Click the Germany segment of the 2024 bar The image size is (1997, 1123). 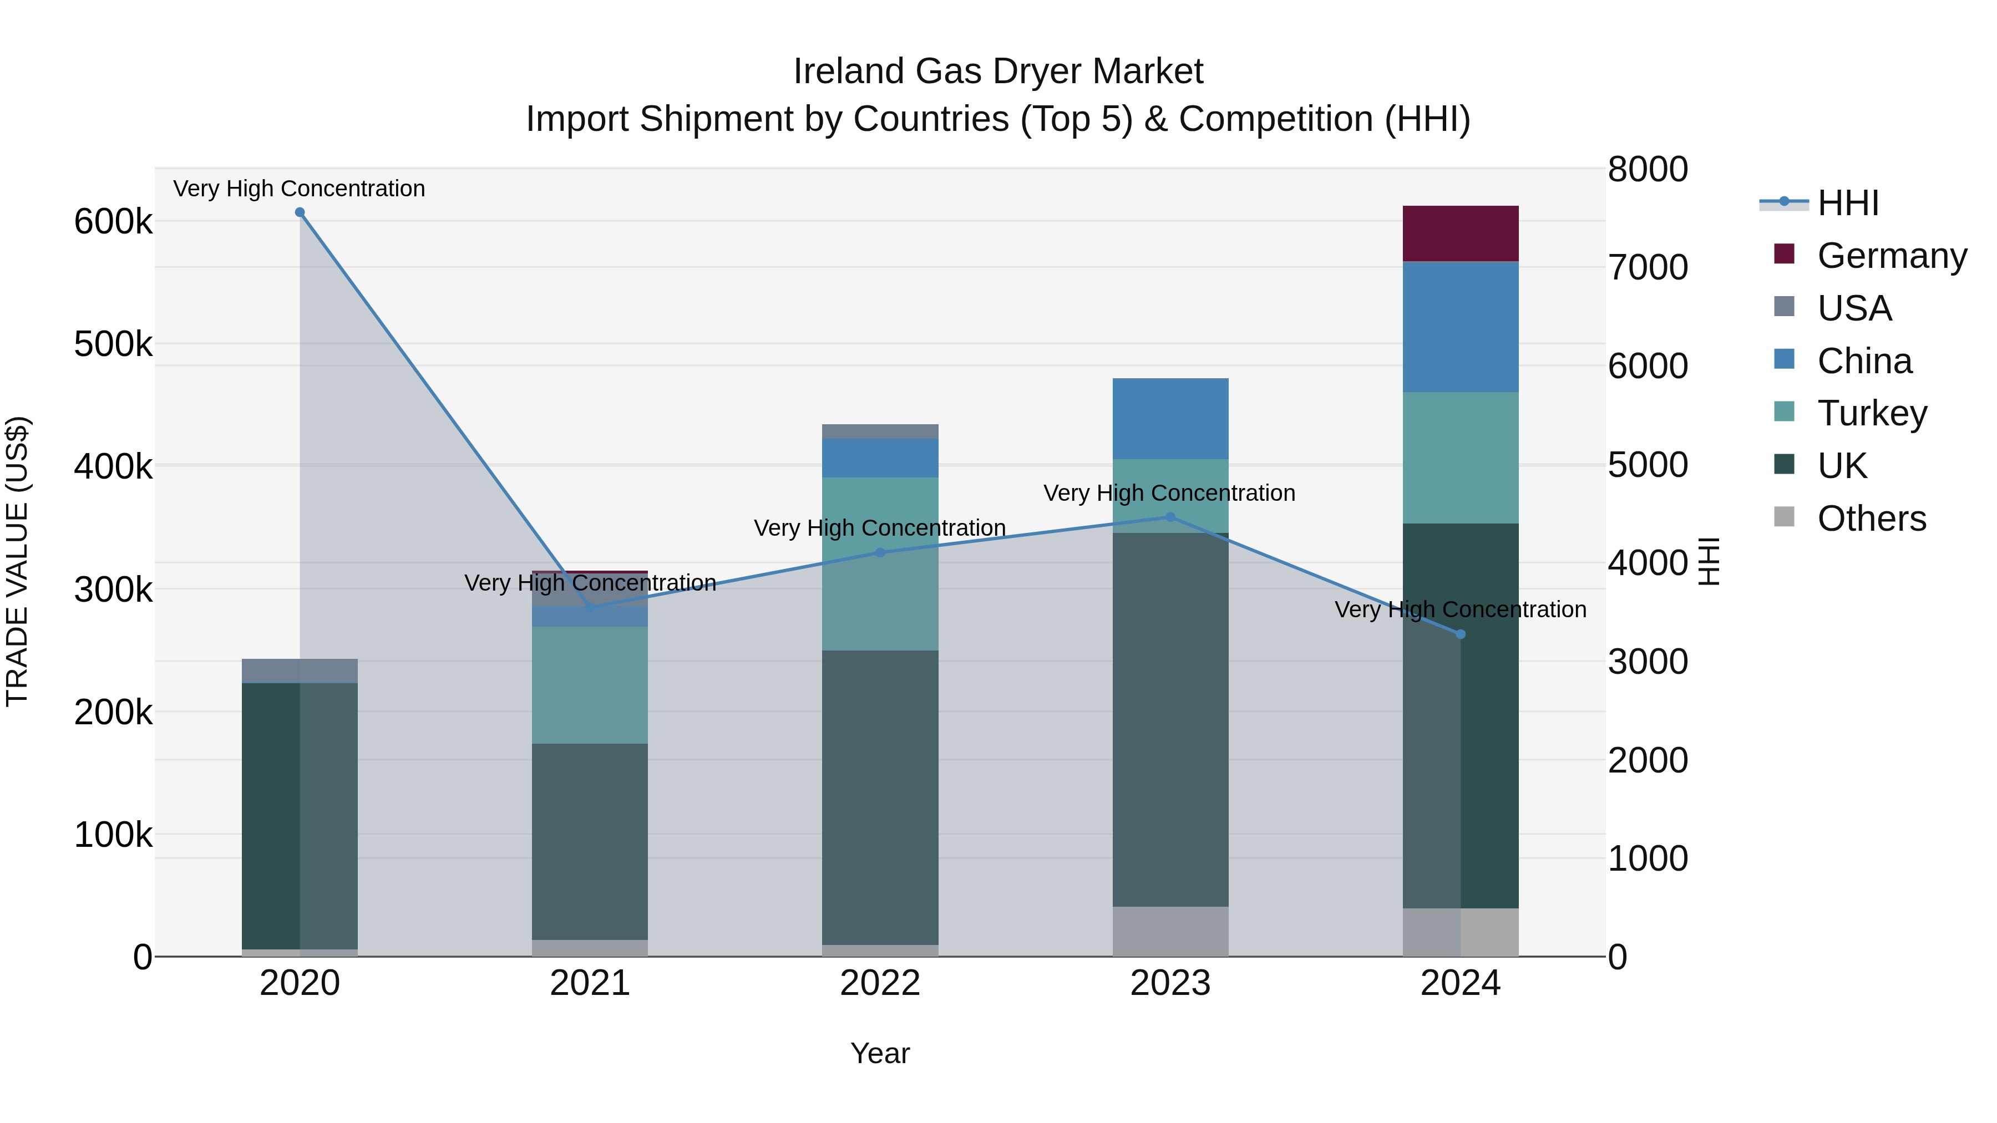click(1460, 233)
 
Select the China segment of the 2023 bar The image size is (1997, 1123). click(1170, 419)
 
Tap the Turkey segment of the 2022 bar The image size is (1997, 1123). click(880, 563)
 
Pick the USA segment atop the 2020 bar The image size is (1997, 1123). click(300, 670)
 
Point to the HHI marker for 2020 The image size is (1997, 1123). click(300, 212)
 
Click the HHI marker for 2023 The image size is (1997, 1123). click(1170, 517)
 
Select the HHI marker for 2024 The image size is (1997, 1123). click(1461, 634)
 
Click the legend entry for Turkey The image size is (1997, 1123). click(1872, 413)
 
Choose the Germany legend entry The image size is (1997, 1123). click(1892, 256)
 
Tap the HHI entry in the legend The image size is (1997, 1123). click(1847, 203)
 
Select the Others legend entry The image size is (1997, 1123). click(1872, 519)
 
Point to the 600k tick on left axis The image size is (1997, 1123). click(113, 222)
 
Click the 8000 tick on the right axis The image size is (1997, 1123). click(1648, 169)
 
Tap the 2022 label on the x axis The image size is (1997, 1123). click(880, 983)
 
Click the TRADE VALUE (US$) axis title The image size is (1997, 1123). click(17, 561)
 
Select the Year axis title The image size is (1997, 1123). click(880, 1053)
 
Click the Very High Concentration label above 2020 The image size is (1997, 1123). click(299, 189)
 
